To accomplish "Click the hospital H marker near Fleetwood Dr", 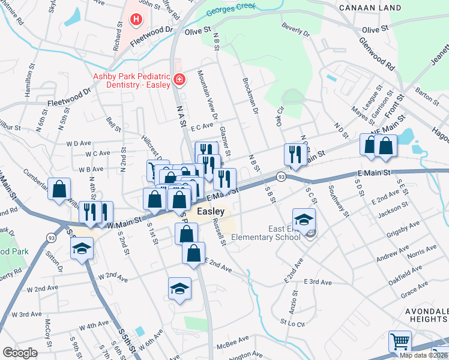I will (x=137, y=20).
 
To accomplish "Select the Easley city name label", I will (x=211, y=212).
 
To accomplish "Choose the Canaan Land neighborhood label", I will (x=370, y=8).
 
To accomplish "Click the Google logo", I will (x=20, y=353).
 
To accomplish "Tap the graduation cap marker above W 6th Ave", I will (x=179, y=289).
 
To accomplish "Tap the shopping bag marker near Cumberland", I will (x=59, y=190).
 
